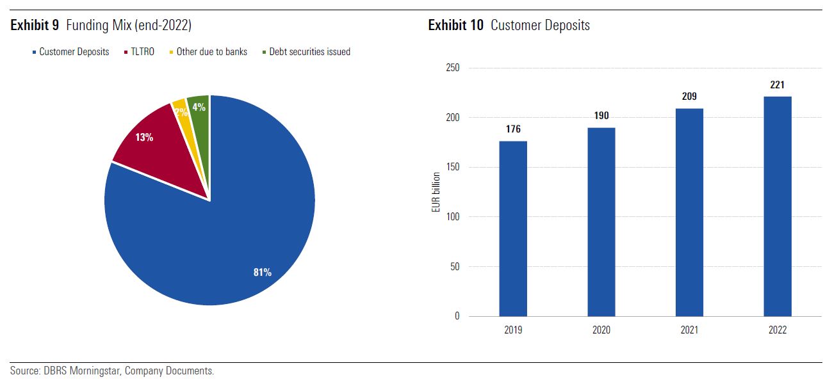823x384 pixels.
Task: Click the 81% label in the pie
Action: [263, 273]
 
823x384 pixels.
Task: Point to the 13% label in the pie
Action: [144, 137]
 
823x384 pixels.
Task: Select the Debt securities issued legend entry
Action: [310, 52]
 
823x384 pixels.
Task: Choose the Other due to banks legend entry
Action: [211, 52]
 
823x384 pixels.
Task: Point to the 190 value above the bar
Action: [601, 116]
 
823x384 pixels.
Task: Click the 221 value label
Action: [778, 84]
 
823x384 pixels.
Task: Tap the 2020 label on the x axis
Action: [601, 330]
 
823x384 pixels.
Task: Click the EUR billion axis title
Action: [436, 192]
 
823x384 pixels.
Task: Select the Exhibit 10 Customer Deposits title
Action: [509, 26]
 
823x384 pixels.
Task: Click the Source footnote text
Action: [112, 371]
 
